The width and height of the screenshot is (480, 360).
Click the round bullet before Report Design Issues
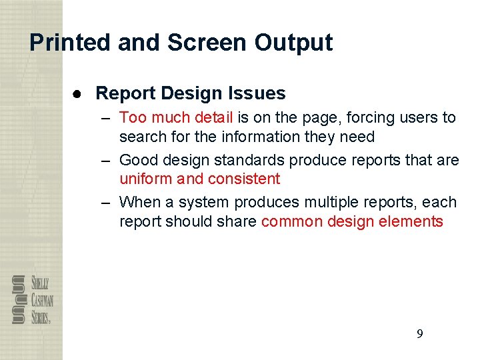[78, 93]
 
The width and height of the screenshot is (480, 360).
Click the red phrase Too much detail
[176, 118]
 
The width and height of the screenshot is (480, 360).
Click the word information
[254, 137]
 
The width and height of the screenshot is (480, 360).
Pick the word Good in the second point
[139, 160]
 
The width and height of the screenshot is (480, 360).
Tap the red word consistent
[244, 179]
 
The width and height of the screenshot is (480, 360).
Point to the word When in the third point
[140, 202]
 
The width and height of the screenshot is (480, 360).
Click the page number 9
[419, 334]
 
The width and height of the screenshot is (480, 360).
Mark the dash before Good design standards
[106, 160]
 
